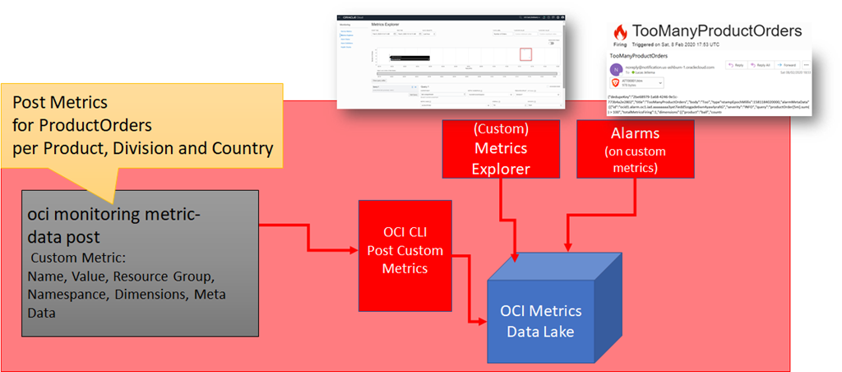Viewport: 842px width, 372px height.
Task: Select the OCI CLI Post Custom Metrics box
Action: (x=401, y=251)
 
